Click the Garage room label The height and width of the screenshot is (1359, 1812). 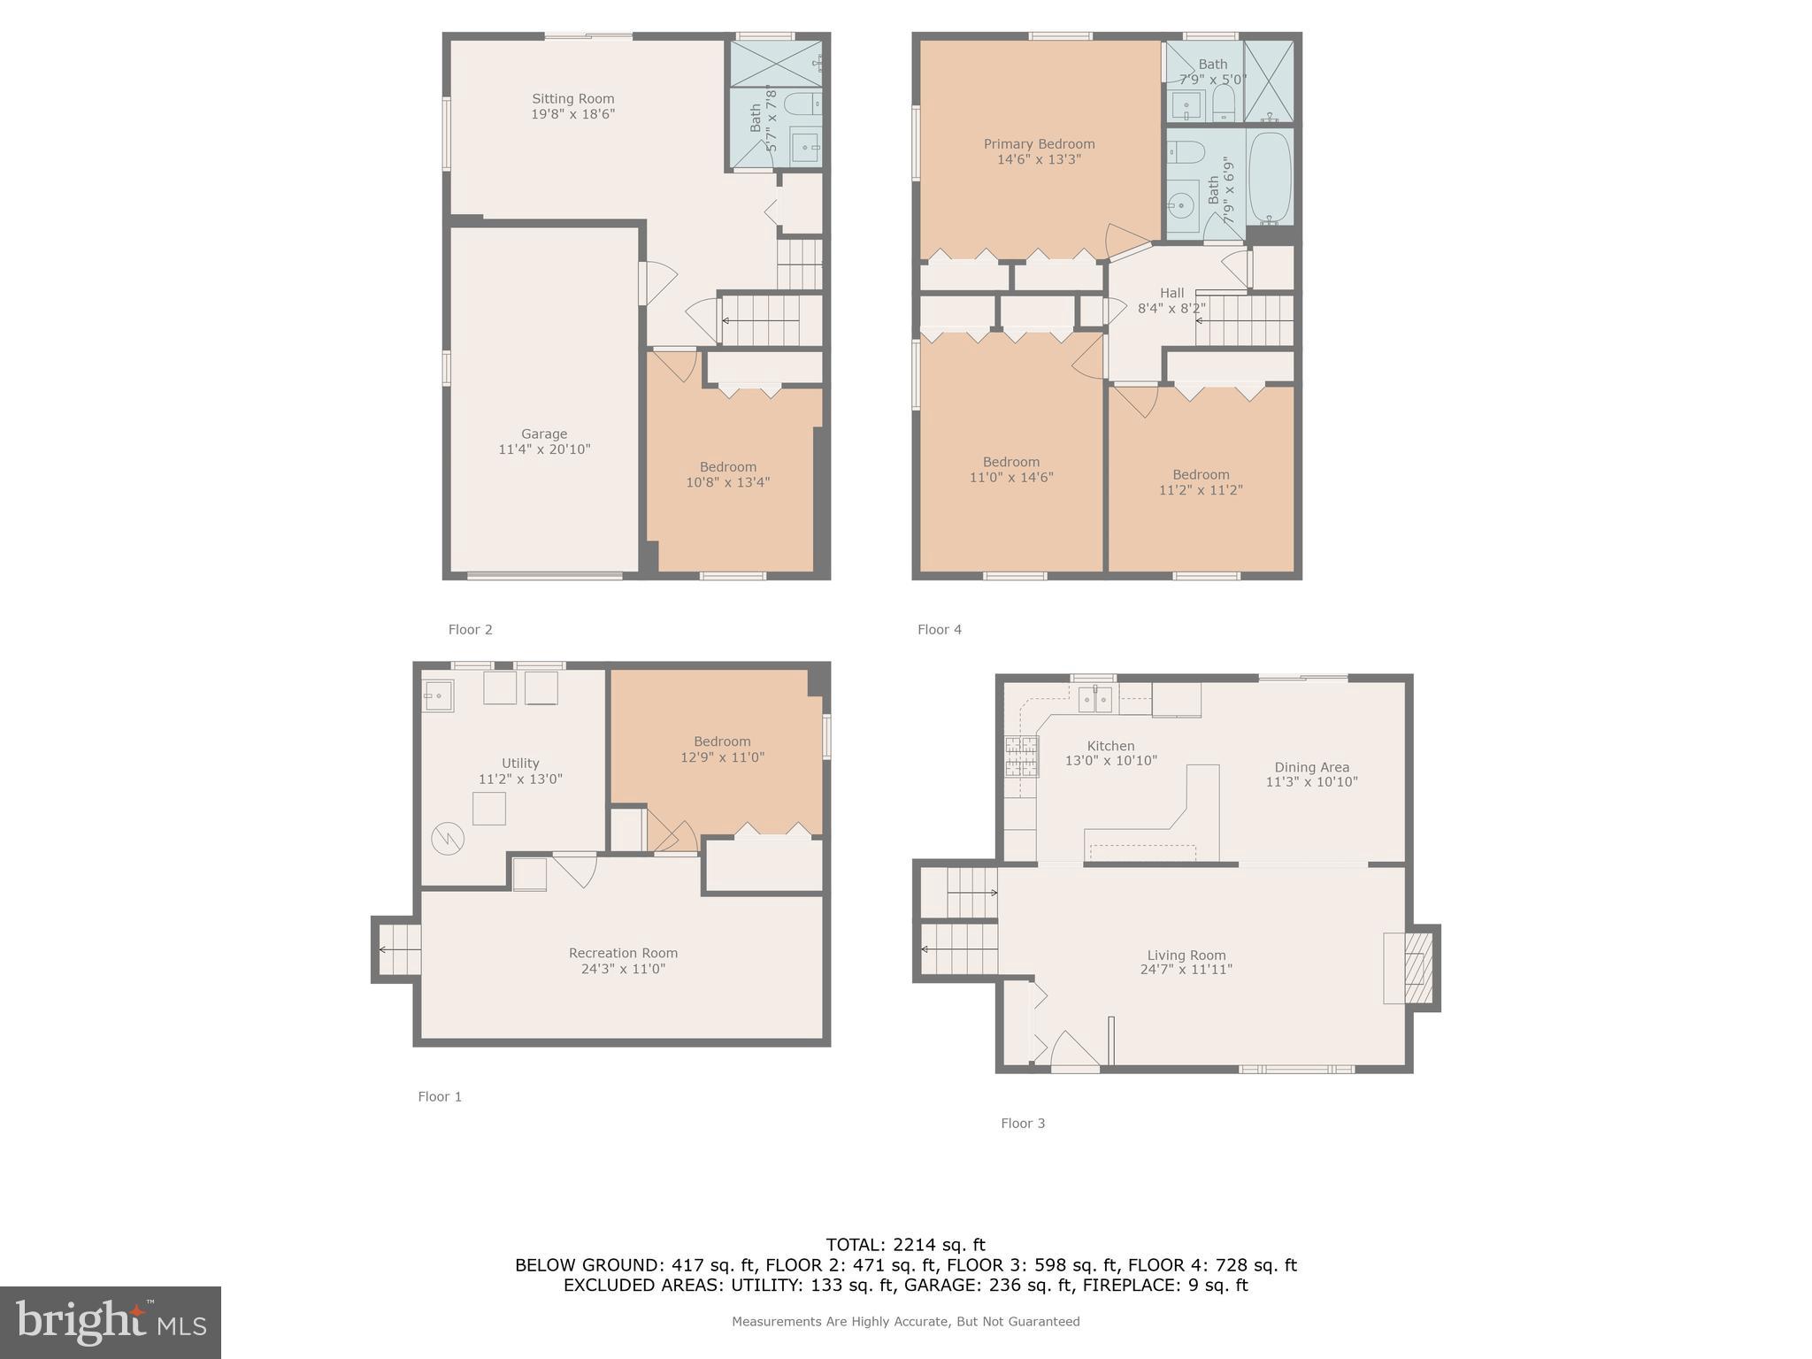[x=543, y=434]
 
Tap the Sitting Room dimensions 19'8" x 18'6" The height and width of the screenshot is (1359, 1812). [x=572, y=114]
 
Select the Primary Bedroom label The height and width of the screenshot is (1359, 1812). [x=1039, y=143]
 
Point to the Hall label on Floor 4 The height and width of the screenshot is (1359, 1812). [x=1171, y=293]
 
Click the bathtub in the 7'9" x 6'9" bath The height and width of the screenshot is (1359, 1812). [x=1270, y=176]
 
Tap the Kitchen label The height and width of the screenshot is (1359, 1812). [x=1110, y=746]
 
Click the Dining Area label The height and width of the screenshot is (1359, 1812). [x=1311, y=767]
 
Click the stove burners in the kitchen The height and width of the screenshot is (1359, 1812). [x=1021, y=756]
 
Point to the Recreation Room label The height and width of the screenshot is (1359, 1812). [x=623, y=953]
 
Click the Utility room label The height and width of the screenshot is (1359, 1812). [x=520, y=763]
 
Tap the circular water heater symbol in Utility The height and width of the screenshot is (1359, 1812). [x=448, y=838]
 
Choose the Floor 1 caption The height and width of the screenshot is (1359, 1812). [x=440, y=1096]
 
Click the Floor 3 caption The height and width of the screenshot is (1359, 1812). [x=1023, y=1123]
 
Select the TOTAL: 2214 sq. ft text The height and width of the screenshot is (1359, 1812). [x=905, y=1245]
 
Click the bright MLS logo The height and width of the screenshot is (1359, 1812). [x=111, y=1322]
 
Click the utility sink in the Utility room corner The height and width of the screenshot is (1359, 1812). [x=437, y=695]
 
